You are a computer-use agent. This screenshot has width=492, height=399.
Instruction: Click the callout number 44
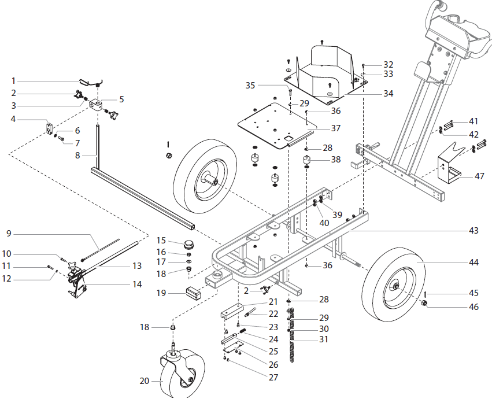click(473, 262)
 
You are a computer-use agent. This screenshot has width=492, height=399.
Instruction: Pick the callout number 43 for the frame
click(473, 231)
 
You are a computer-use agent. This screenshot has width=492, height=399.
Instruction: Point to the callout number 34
click(388, 93)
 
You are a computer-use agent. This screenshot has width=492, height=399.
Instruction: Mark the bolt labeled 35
click(287, 92)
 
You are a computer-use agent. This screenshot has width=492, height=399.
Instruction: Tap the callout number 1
click(14, 80)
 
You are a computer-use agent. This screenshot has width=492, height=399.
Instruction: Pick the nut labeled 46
click(424, 305)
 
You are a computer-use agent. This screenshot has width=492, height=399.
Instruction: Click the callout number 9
click(9, 234)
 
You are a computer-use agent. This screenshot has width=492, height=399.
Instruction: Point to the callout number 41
click(473, 121)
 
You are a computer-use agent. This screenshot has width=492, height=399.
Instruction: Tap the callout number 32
click(388, 64)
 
